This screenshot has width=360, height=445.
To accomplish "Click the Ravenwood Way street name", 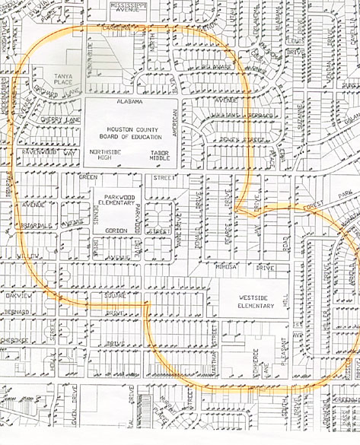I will (49, 152).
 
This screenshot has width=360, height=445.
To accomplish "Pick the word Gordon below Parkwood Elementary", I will (116, 230).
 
